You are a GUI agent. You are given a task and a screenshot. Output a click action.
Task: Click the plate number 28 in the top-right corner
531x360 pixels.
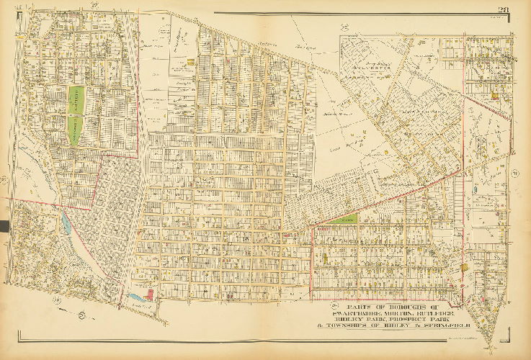(503, 9)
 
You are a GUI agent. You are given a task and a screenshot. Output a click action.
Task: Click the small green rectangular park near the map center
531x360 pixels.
(346, 218)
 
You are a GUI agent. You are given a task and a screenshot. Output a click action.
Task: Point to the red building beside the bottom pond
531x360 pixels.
(151, 294)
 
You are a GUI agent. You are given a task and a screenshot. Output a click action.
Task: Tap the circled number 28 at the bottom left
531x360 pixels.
(56, 299)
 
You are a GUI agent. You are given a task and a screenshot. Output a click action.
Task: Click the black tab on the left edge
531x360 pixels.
(4, 227)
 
